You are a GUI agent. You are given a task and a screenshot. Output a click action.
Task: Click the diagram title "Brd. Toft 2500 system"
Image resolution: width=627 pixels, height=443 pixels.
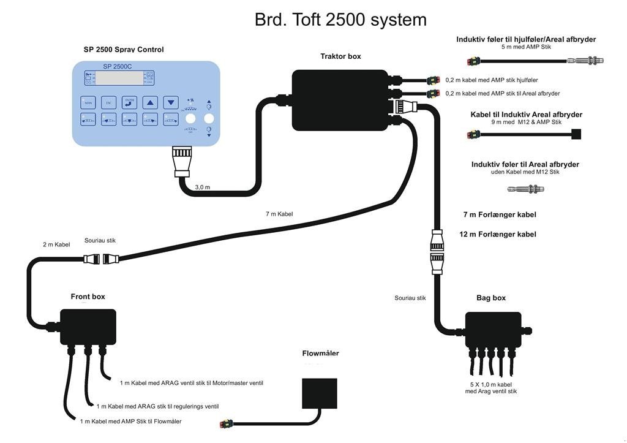click(x=340, y=20)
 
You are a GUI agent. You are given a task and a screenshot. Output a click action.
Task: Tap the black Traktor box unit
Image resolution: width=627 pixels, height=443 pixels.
click(x=340, y=100)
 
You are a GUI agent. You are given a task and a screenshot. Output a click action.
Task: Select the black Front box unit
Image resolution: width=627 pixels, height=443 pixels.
click(x=88, y=327)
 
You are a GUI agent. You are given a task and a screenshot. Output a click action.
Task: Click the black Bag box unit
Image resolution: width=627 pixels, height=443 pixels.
click(x=493, y=331)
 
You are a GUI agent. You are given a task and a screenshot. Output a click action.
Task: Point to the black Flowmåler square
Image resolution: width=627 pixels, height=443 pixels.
click(x=320, y=393)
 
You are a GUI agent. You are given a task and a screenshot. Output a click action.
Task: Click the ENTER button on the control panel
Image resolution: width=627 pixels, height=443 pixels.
click(x=129, y=102)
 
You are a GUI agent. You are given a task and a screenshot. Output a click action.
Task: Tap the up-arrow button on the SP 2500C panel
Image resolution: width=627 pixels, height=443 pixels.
click(x=151, y=102)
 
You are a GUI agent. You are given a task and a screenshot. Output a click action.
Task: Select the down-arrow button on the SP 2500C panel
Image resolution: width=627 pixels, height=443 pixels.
click(x=171, y=102)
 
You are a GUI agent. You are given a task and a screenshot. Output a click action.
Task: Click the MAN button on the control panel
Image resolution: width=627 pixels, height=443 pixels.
click(x=88, y=102)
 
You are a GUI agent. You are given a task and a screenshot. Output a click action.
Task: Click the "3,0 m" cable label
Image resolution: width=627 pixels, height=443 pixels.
click(x=202, y=187)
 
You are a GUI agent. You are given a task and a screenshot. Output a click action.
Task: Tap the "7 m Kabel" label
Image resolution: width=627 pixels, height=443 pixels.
click(x=279, y=214)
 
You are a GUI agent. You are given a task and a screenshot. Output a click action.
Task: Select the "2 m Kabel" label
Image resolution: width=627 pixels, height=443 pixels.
click(x=56, y=244)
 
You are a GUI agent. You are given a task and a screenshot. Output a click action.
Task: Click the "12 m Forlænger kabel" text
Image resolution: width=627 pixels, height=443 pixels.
click(x=498, y=234)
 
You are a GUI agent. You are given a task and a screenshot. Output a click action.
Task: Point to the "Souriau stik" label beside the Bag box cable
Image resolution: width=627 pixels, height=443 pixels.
click(x=410, y=298)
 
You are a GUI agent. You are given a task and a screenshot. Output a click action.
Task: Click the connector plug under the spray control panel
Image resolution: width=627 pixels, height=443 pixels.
click(x=183, y=161)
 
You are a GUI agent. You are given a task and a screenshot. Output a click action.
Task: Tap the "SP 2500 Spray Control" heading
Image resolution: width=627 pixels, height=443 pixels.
click(x=124, y=50)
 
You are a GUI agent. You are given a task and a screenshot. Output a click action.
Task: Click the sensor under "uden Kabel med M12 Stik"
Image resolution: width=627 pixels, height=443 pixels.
click(x=525, y=189)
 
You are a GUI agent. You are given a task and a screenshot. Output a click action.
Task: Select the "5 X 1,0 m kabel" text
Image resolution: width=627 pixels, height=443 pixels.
click(x=491, y=384)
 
